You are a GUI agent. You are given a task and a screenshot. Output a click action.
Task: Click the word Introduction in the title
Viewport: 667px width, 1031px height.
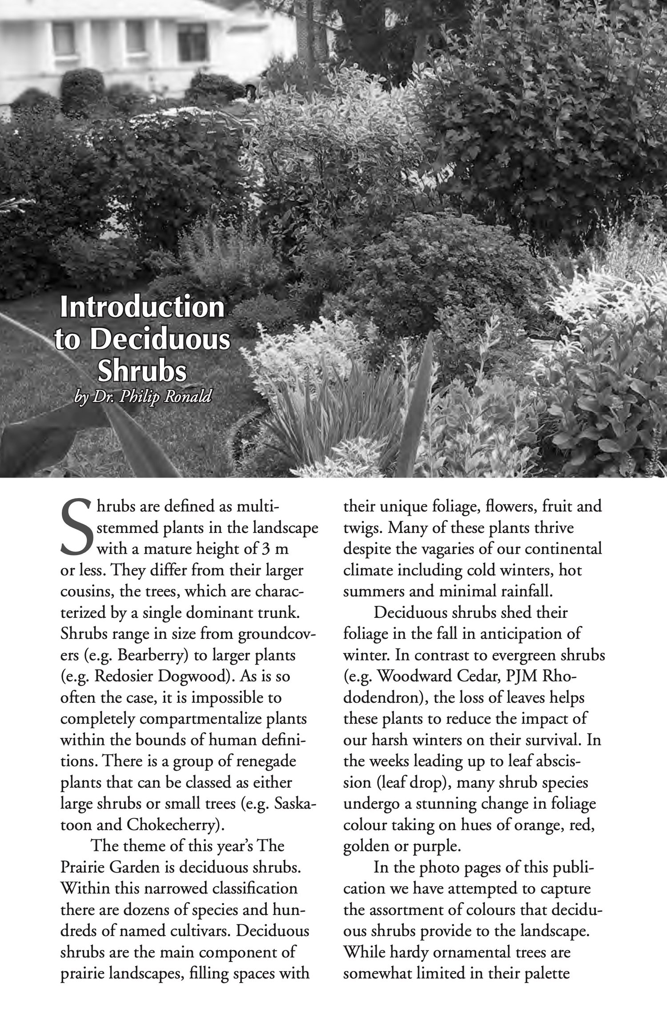142,307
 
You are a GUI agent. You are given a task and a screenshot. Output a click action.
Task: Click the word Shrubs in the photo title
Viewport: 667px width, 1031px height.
142,372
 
